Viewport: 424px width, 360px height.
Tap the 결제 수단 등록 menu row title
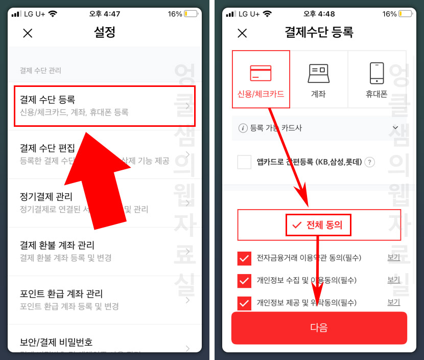click(x=48, y=99)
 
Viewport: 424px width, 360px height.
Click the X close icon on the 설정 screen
click(x=28, y=33)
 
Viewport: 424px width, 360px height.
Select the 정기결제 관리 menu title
click(x=46, y=197)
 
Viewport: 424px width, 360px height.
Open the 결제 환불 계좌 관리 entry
click(x=57, y=245)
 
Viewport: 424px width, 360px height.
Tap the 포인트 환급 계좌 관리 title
click(x=61, y=294)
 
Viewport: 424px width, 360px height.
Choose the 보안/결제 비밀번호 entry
click(x=56, y=342)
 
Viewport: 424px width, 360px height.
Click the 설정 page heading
click(x=105, y=33)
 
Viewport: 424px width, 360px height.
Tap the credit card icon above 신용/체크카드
click(x=261, y=73)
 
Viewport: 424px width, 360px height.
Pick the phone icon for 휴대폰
click(x=376, y=73)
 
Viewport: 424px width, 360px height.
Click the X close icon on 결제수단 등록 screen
click(x=242, y=33)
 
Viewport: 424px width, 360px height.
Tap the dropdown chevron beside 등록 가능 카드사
click(x=395, y=128)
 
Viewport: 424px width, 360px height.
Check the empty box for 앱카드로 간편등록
click(x=244, y=162)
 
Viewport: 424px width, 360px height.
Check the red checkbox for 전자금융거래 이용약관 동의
click(x=244, y=258)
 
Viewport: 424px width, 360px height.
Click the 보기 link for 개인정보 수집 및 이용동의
click(x=393, y=280)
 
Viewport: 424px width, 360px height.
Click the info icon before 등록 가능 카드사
click(x=243, y=128)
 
